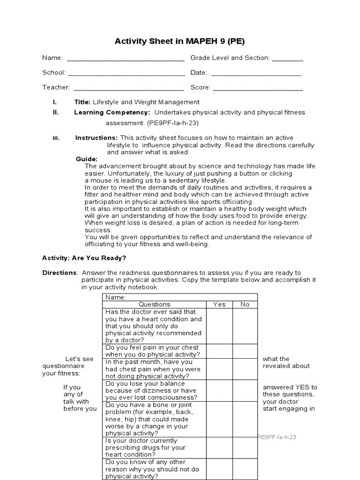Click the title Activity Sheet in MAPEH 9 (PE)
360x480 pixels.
tap(180, 42)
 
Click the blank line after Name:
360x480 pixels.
tap(126, 59)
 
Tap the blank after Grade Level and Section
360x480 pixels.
tap(287, 59)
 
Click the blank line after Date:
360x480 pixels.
tap(256, 73)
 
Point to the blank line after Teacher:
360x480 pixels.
tap(128, 88)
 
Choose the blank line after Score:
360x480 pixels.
tap(258, 88)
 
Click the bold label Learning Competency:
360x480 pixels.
tap(112, 112)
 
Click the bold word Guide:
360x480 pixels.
tap(87, 159)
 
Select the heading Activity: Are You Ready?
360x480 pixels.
tap(84, 258)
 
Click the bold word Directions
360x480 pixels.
tap(60, 273)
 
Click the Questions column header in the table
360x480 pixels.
tap(154, 304)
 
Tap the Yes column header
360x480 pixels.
tap(219, 304)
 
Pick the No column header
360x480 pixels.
tap(245, 304)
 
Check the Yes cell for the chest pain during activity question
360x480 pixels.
tap(219, 351)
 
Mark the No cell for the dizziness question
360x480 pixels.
tap(245, 390)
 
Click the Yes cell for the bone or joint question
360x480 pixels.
tap(219, 419)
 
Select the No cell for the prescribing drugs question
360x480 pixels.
tap(245, 448)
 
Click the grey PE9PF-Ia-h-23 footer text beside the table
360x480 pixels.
tap(277, 437)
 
